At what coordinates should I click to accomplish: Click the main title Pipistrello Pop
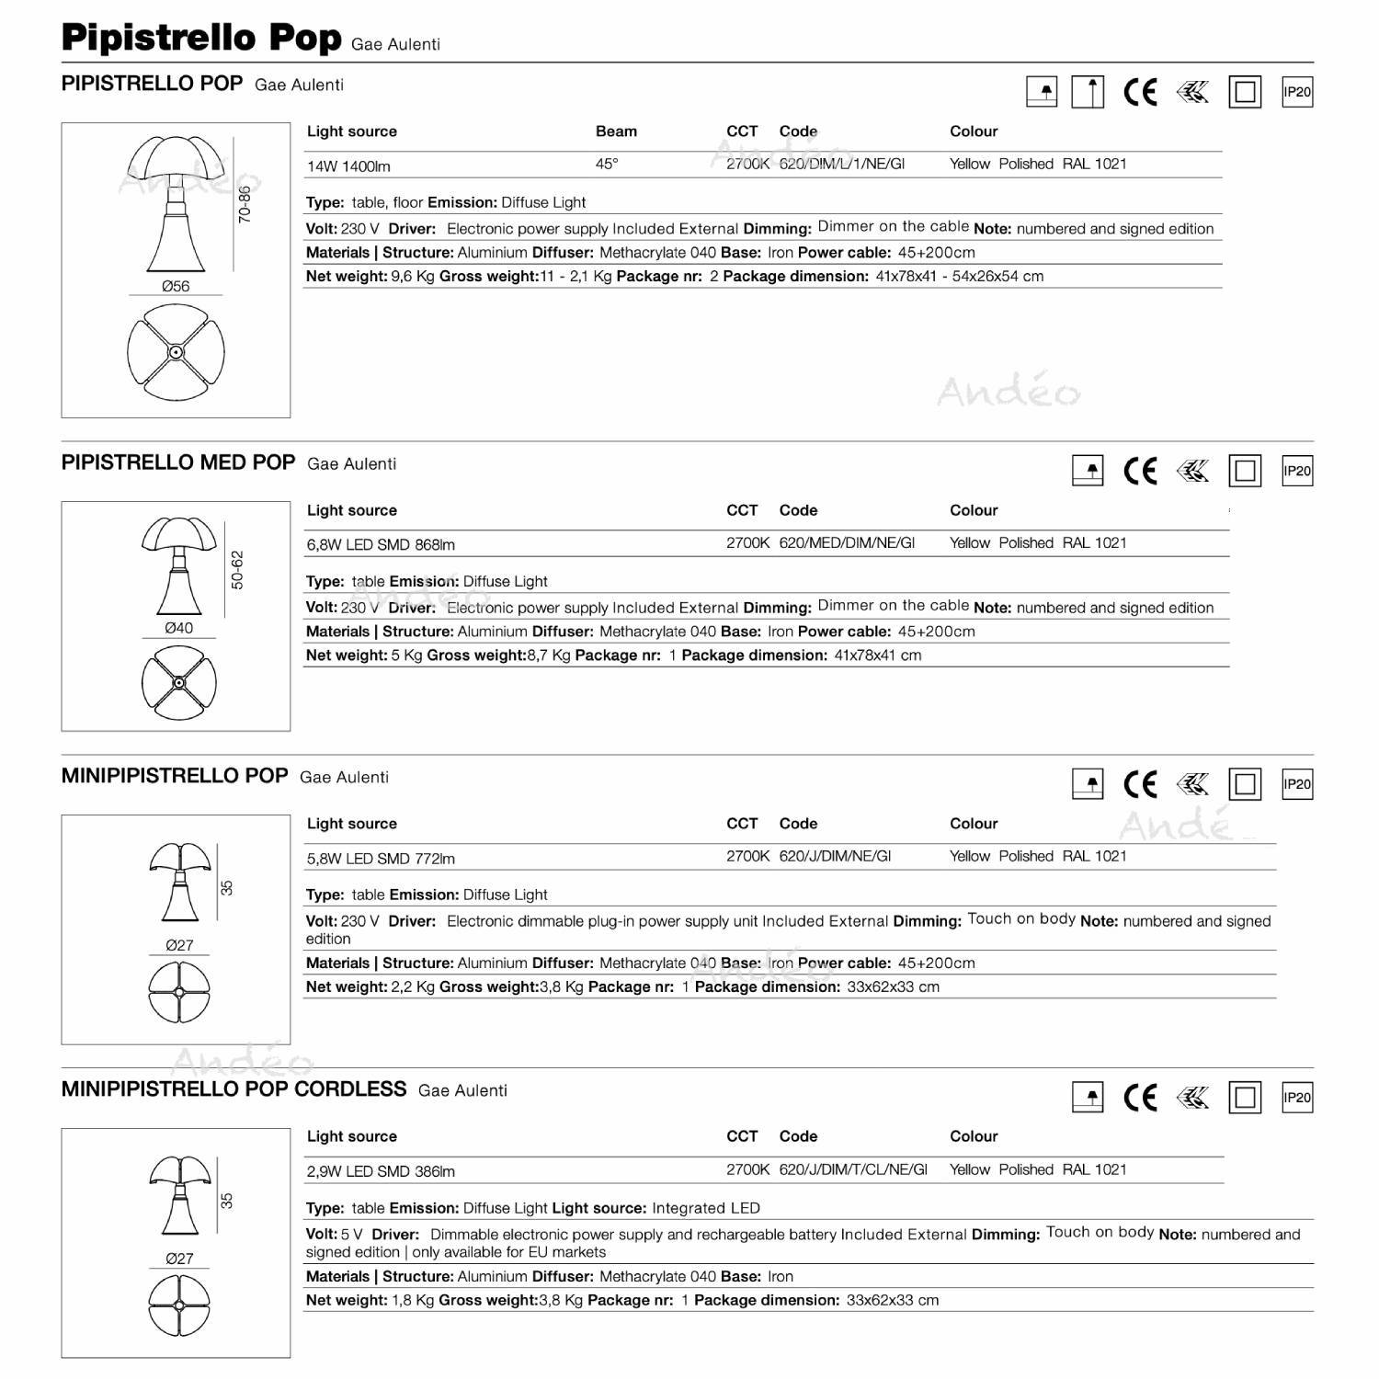pyautogui.click(x=200, y=38)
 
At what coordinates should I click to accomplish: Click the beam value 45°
pyautogui.click(x=607, y=164)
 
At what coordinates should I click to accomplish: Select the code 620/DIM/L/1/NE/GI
pyautogui.click(x=841, y=164)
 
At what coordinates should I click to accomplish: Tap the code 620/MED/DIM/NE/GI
pyautogui.click(x=847, y=542)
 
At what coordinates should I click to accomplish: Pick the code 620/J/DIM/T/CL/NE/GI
pyautogui.click(x=853, y=1169)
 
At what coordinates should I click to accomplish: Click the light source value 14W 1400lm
pyautogui.click(x=348, y=166)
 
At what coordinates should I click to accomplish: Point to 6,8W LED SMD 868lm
pyautogui.click(x=381, y=545)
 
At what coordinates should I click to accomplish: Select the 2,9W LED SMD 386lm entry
pyautogui.click(x=381, y=1171)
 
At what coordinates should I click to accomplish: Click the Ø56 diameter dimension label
pyautogui.click(x=176, y=286)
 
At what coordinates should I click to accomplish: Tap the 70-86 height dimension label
pyautogui.click(x=245, y=204)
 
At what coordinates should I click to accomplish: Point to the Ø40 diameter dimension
pyautogui.click(x=178, y=628)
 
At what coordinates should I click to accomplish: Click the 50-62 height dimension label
pyautogui.click(x=238, y=570)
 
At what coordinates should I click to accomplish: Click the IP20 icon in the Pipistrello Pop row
pyautogui.click(x=1297, y=92)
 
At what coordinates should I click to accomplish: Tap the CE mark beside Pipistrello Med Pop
pyautogui.click(x=1140, y=471)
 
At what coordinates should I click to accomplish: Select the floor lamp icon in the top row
pyautogui.click(x=1088, y=92)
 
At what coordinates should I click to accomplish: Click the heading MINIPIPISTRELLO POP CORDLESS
pyautogui.click(x=234, y=1089)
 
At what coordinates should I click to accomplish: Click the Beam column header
pyautogui.click(x=616, y=131)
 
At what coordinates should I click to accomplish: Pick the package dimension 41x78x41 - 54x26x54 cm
pyautogui.click(x=959, y=276)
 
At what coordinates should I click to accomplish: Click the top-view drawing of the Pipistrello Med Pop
pyautogui.click(x=179, y=682)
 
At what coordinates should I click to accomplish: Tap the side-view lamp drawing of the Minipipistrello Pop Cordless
pyautogui.click(x=179, y=1193)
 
